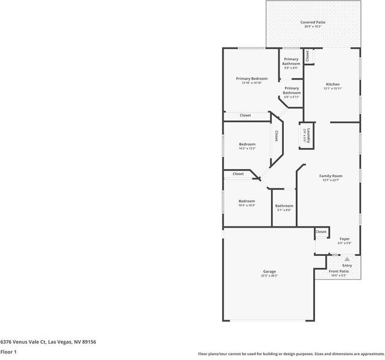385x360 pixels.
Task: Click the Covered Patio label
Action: pos(313,22)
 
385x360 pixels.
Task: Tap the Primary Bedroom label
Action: pos(251,79)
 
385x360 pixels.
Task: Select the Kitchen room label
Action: pos(333,84)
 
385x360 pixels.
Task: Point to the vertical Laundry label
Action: pos(308,134)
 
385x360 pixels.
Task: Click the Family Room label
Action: pos(331,176)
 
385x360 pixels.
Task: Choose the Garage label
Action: pos(269,271)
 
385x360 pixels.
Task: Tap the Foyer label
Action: pos(344,238)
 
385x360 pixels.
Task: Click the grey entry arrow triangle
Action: pos(347,259)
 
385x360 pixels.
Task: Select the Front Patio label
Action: pos(338,271)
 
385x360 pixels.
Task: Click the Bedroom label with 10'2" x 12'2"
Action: pos(247,144)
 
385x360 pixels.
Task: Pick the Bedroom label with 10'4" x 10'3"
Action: pos(246,201)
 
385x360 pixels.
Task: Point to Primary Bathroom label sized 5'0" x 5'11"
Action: pos(292,90)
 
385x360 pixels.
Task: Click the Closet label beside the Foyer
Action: pos(321,232)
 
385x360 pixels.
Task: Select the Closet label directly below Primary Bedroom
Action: pos(245,115)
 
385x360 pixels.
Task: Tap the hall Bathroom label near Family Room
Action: pos(284,206)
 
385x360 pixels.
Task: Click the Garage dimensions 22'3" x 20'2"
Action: pos(269,276)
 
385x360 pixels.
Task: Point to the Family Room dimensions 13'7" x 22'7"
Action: pos(331,181)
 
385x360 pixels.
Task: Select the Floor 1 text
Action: pos(8,352)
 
